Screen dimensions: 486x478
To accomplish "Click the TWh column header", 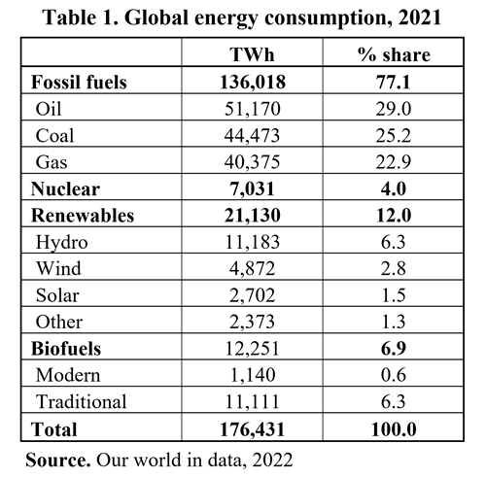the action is click(x=252, y=54).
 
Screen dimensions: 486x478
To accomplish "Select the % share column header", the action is click(x=394, y=54).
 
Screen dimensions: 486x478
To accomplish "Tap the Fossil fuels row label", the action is click(x=79, y=82).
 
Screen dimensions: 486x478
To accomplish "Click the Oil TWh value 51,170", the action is click(x=253, y=109).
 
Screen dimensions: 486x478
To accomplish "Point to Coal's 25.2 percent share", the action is click(x=394, y=135).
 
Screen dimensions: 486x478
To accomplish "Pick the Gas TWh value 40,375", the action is click(x=252, y=162).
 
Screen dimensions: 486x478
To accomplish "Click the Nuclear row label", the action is click(x=65, y=188).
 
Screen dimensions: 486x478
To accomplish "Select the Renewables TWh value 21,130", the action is click(x=253, y=216).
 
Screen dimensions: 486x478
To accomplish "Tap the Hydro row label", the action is click(x=61, y=243).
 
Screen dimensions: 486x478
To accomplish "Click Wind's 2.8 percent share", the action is click(x=394, y=268).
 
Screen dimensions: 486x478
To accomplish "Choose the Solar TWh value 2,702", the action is click(x=252, y=295).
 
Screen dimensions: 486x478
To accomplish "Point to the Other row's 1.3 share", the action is click(x=394, y=322).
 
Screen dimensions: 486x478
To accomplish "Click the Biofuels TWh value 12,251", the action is click(x=252, y=349).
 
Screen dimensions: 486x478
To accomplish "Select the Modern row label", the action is click(x=68, y=375).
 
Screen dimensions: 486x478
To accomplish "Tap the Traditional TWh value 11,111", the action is click(x=252, y=402).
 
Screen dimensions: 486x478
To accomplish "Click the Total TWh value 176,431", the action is click(x=252, y=429).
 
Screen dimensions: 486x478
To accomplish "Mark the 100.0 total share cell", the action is click(x=394, y=429).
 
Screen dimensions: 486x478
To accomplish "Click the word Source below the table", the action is click(x=58, y=460).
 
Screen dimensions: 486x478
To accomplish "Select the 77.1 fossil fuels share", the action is click(x=394, y=82).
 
